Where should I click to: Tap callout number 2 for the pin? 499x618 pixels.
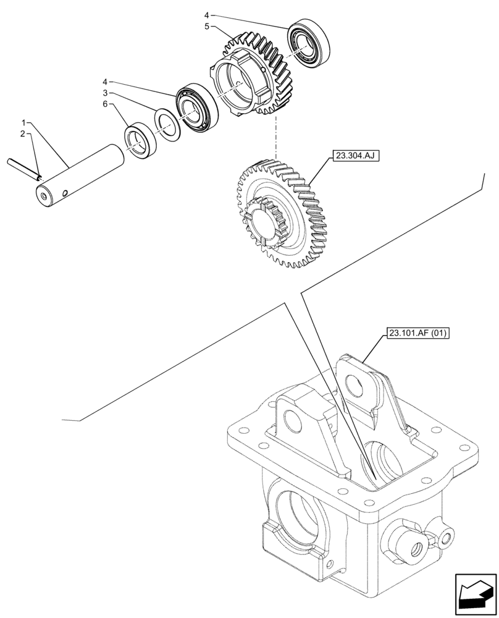pyautogui.click(x=22, y=133)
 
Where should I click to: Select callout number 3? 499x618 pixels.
pyautogui.click(x=106, y=93)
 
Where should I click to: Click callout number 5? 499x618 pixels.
pyautogui.click(x=206, y=27)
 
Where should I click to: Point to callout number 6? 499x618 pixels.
pyautogui.click(x=106, y=104)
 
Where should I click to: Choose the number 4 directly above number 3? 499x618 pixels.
pyautogui.click(x=106, y=81)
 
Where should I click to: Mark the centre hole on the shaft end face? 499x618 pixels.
pyautogui.click(x=43, y=198)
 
